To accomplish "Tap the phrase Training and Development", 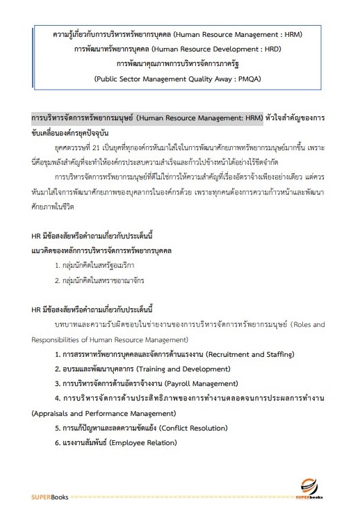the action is pyautogui.click(x=180, y=368).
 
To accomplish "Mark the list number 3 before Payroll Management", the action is pyautogui.click(x=58, y=383).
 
